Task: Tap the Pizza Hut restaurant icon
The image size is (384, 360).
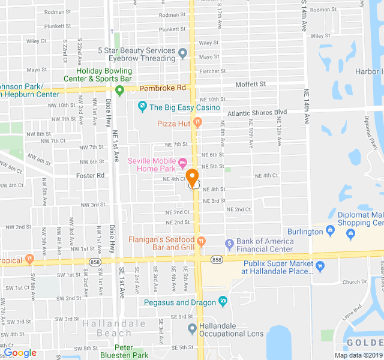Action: coord(198,123)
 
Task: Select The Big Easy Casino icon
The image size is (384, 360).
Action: coord(142,107)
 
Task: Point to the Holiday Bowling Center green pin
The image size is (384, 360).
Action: coord(119,91)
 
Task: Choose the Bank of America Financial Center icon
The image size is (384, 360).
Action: coord(229,244)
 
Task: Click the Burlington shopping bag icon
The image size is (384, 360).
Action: coord(329,231)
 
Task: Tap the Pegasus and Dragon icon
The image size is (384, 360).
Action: coord(223,301)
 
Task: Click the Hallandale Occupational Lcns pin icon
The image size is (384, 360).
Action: coord(192,328)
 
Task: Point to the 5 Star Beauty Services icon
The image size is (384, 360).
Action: coord(183,54)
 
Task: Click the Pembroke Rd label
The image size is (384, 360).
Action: coord(163,88)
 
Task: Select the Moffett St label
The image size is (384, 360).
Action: coord(250,84)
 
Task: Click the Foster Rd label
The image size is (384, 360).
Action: coord(91,175)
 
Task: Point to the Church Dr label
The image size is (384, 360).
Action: coord(355,281)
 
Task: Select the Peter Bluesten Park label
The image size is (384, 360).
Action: coord(133,352)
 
